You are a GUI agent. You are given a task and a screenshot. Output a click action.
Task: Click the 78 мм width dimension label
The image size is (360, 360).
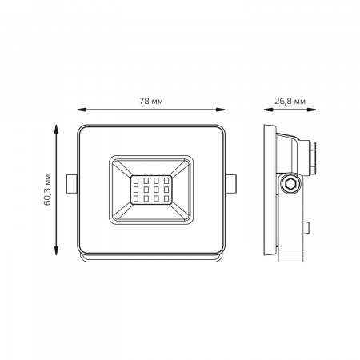(x=151, y=102)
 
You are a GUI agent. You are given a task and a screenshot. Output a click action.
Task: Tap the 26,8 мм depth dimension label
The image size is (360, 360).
(x=290, y=102)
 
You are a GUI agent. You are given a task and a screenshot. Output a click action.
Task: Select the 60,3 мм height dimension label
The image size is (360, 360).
(x=47, y=190)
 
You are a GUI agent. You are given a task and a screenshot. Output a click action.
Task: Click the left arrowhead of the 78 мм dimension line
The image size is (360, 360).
(x=82, y=110)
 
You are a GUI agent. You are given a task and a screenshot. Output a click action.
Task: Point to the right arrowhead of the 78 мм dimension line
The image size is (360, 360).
(x=221, y=110)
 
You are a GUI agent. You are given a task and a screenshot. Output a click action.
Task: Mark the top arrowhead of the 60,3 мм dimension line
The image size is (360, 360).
(x=56, y=129)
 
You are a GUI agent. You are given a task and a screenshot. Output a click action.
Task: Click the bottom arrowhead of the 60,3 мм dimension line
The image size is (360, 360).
(x=56, y=250)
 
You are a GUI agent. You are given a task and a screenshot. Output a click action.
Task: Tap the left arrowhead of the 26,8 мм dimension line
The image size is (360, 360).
(x=268, y=110)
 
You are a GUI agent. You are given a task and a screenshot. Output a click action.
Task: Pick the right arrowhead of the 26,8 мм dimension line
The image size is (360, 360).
(x=311, y=110)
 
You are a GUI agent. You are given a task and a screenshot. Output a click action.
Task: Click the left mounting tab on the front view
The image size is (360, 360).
(x=71, y=184)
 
